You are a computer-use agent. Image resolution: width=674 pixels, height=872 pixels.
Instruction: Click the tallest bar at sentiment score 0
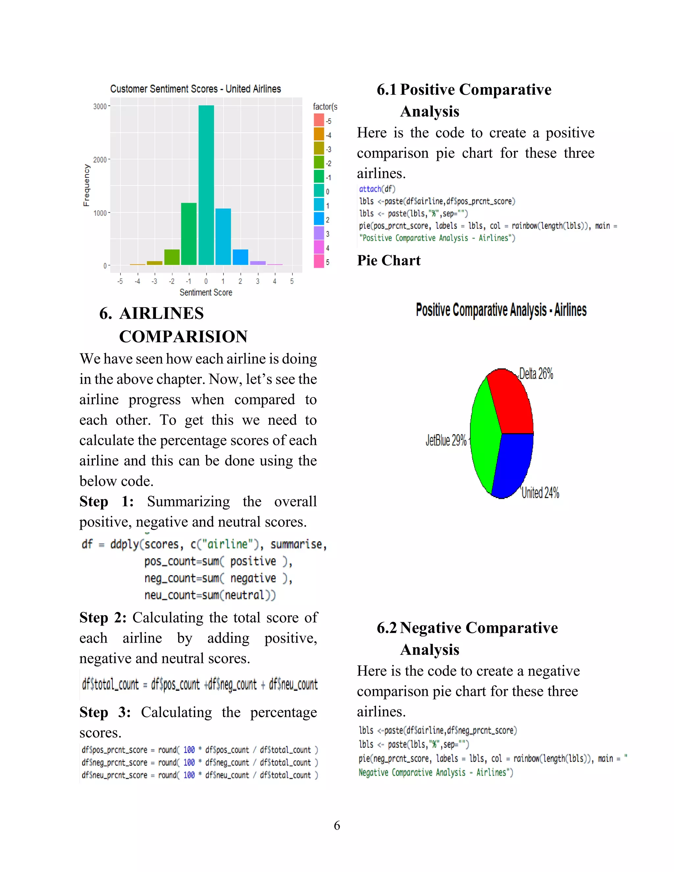tap(206, 185)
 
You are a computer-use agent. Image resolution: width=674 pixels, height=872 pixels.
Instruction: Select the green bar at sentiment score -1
tap(189, 234)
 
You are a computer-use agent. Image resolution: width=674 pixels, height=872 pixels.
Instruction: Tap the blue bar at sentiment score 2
tap(240, 257)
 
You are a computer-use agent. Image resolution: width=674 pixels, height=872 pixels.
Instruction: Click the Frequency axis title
tap(86, 185)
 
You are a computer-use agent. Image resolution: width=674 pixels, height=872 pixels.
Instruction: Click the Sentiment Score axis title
tap(206, 292)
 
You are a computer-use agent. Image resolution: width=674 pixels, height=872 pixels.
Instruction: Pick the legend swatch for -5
tap(319, 120)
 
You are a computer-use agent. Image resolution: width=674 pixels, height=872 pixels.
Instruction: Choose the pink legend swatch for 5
tap(319, 262)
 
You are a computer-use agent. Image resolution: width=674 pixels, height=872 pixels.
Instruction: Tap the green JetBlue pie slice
tap(484, 435)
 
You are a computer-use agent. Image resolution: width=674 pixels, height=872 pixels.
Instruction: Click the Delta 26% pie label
tap(536, 374)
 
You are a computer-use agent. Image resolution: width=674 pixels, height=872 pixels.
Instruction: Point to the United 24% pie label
tap(540, 493)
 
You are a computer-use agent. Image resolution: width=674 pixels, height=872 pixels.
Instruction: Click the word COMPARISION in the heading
tap(183, 337)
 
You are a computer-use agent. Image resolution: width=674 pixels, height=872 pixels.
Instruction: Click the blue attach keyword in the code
tap(370, 189)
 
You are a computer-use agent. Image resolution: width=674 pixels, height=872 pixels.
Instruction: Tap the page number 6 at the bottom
tap(337, 825)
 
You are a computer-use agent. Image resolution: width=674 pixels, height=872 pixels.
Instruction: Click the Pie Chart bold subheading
tap(389, 260)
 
